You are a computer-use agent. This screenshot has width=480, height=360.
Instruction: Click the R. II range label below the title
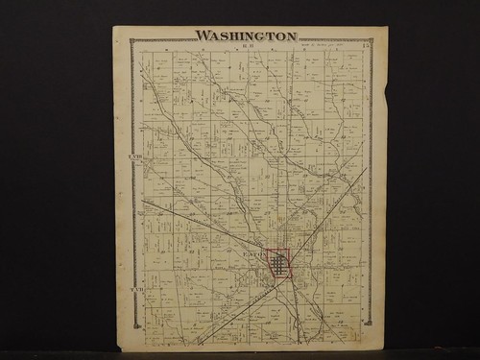[x=247, y=44]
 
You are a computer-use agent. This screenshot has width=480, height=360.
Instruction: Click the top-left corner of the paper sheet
[x=114, y=27]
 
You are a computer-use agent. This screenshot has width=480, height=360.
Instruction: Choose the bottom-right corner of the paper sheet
[x=382, y=348]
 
